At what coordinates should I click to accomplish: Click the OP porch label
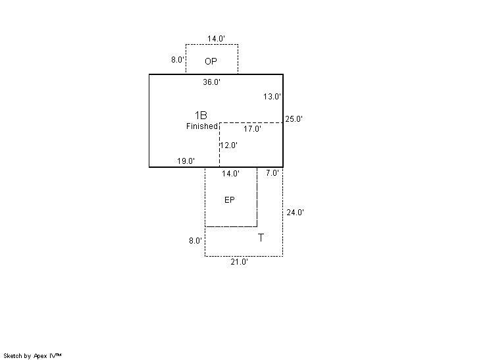click(x=211, y=61)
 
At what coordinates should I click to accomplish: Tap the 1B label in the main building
click(x=201, y=115)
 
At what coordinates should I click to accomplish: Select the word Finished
click(x=201, y=126)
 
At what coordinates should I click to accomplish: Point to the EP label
click(x=230, y=200)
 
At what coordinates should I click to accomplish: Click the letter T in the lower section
click(x=261, y=238)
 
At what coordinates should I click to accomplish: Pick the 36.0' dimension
click(x=212, y=82)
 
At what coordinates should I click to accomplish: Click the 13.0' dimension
click(x=272, y=97)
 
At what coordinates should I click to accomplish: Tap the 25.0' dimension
click(x=294, y=119)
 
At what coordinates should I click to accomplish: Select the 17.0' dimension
click(x=252, y=128)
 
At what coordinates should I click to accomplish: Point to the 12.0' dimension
click(x=229, y=145)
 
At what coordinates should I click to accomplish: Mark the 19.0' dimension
click(x=186, y=161)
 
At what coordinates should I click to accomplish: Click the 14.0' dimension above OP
click(x=216, y=39)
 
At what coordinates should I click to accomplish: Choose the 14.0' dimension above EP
click(x=231, y=174)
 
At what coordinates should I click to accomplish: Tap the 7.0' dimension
click(x=272, y=173)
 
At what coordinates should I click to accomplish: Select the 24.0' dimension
click(x=296, y=213)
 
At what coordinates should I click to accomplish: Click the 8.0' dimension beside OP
click(x=178, y=59)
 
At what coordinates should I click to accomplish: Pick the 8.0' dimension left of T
click(x=195, y=241)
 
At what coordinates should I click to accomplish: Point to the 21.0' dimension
click(x=239, y=262)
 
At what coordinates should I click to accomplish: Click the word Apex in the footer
click(x=40, y=356)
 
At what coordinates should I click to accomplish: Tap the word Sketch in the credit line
click(x=13, y=356)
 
